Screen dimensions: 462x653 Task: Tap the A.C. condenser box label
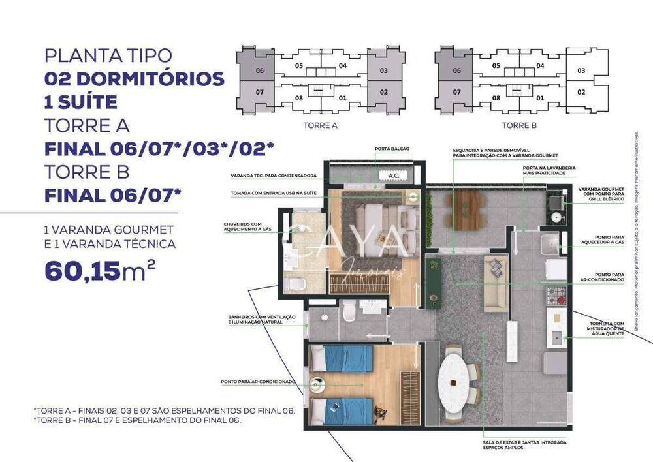pyautogui.click(x=394, y=176)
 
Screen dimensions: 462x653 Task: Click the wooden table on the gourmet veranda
pyautogui.click(x=465, y=209)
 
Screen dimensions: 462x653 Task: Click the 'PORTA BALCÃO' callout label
pyautogui.click(x=392, y=149)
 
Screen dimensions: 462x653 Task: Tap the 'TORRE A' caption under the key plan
pyautogui.click(x=320, y=125)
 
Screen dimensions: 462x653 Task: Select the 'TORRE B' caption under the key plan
pyautogui.click(x=519, y=125)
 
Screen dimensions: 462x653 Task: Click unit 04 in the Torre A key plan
pyautogui.click(x=342, y=66)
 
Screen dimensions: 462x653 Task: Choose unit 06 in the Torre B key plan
pyautogui.click(x=456, y=70)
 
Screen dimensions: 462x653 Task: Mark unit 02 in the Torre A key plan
pyautogui.click(x=383, y=92)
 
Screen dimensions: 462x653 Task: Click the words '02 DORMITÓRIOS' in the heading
pyautogui.click(x=135, y=79)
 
